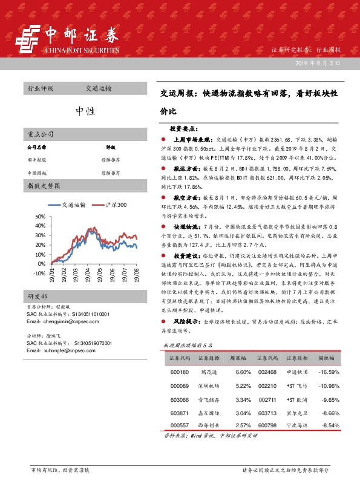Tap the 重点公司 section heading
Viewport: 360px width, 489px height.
click(x=41, y=134)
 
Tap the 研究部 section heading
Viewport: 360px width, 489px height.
click(x=37, y=313)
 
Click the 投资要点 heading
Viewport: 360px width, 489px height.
click(x=183, y=129)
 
